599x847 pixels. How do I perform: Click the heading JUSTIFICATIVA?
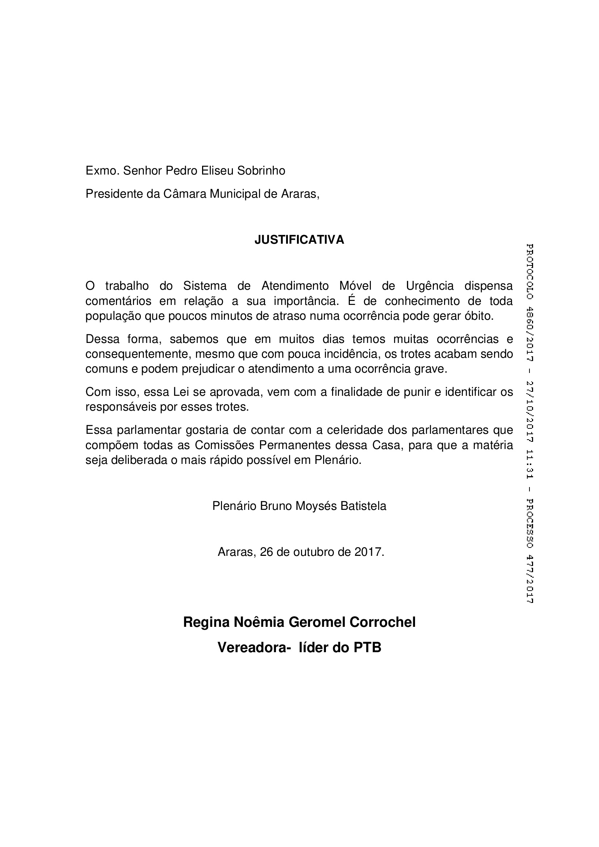[x=299, y=240]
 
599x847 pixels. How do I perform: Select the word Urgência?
[x=430, y=286]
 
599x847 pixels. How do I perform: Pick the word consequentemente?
[x=138, y=354]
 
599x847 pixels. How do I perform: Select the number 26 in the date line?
[x=266, y=552]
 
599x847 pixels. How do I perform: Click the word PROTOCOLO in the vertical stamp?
[x=529, y=271]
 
